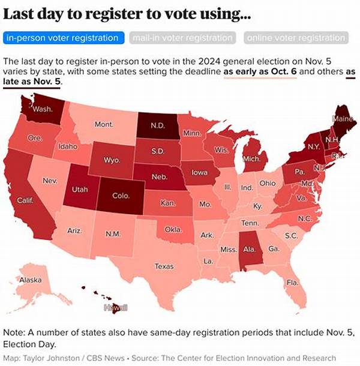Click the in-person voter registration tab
62,38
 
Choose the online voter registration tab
296,38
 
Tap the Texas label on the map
164,266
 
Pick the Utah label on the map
80,189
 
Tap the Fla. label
292,282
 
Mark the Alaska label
31,280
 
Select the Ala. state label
251,248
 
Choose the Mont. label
103,124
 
